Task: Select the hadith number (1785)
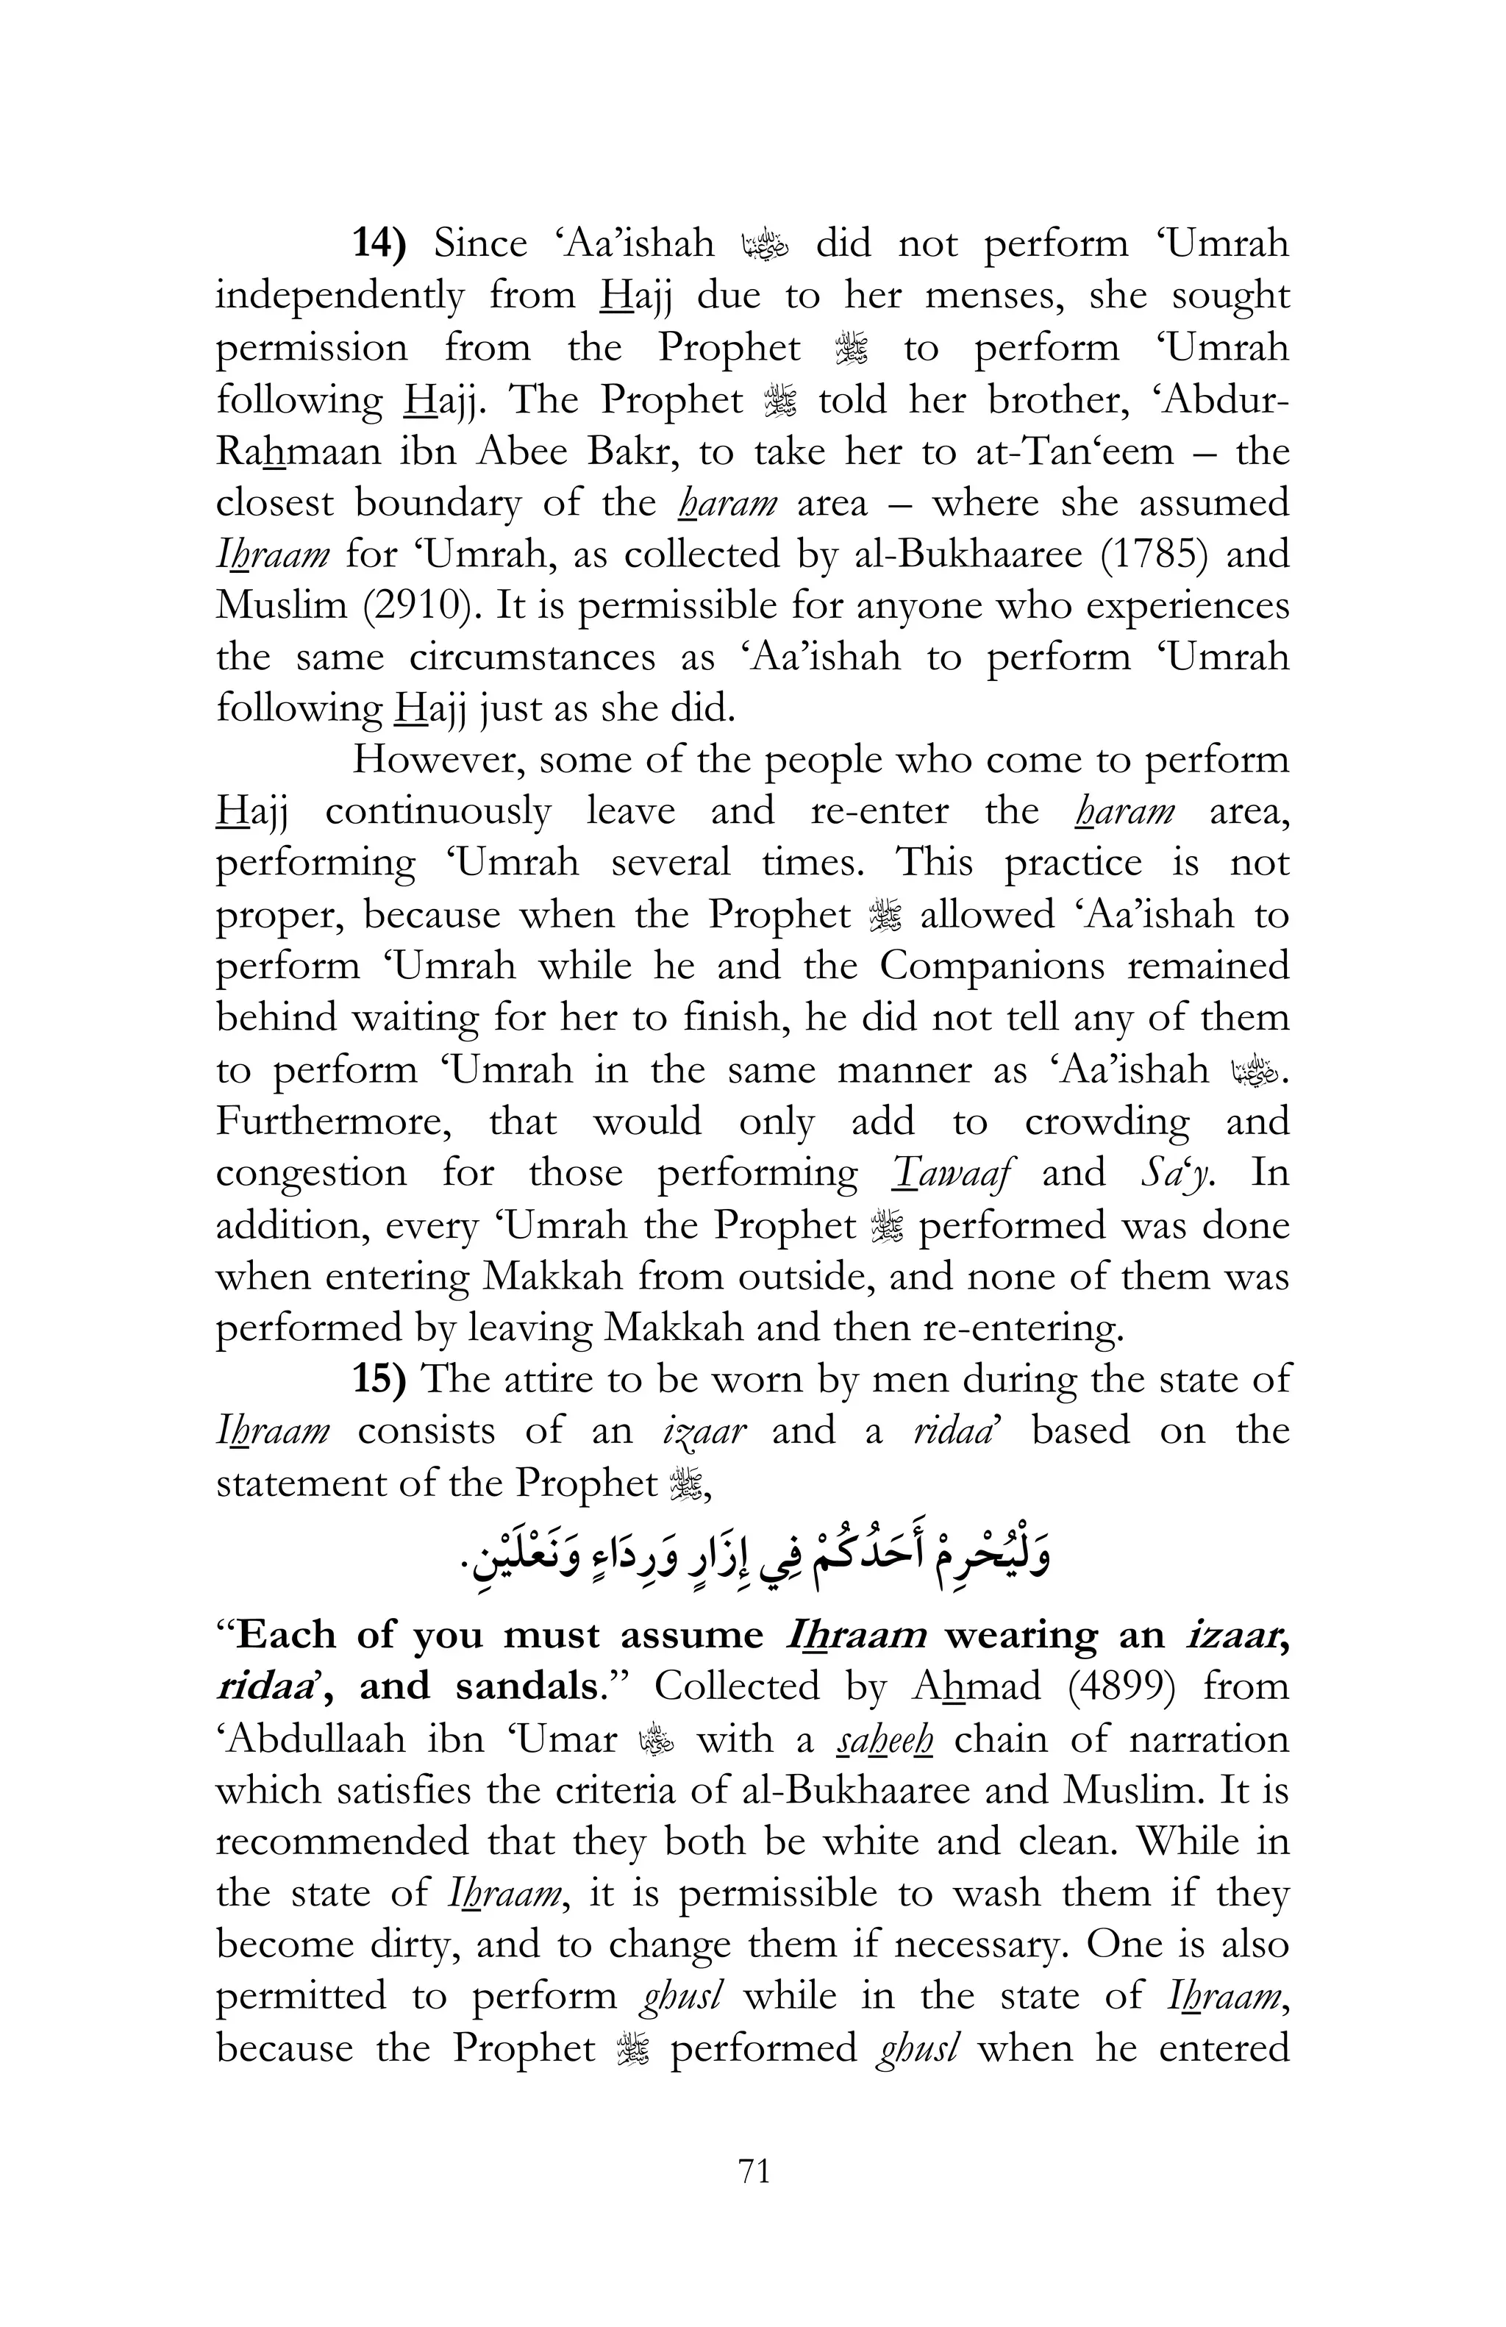[x=1156, y=555]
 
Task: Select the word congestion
[x=311, y=1172]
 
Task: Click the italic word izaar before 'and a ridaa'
[x=704, y=1430]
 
